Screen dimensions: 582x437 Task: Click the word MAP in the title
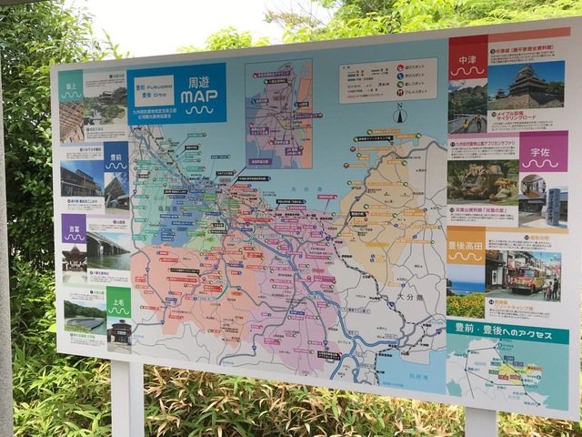[198, 97]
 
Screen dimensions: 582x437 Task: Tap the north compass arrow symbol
[399, 115]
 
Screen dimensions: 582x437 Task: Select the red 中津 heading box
[467, 56]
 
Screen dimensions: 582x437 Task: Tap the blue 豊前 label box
[115, 156]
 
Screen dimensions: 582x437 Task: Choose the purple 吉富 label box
[74, 228]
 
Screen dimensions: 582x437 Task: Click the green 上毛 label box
[118, 302]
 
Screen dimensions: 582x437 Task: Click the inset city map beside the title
[278, 114]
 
